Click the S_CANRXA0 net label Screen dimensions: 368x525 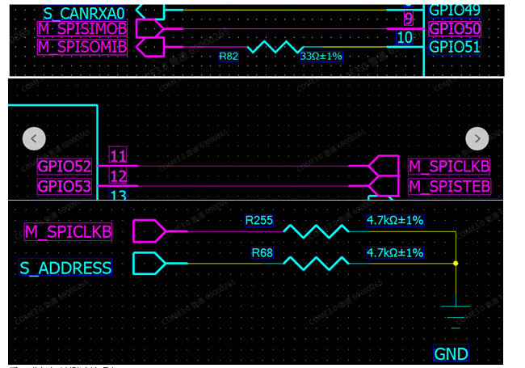(85, 12)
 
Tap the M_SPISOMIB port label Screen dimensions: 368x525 (82, 47)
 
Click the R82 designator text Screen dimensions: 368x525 (229, 57)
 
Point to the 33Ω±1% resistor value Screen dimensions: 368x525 (321, 57)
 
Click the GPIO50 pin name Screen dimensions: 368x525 (455, 29)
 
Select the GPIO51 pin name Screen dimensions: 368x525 (455, 47)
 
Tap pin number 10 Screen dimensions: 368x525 (405, 38)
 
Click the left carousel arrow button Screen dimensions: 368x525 (33, 138)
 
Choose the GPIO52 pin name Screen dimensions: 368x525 (64, 167)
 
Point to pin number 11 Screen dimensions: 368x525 (118, 156)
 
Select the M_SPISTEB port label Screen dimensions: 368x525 (449, 187)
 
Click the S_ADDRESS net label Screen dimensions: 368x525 (65, 268)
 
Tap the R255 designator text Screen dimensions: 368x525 (259, 220)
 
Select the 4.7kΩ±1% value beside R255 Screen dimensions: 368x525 (395, 220)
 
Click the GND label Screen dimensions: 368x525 (451, 354)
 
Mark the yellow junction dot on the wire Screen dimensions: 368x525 (456, 264)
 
